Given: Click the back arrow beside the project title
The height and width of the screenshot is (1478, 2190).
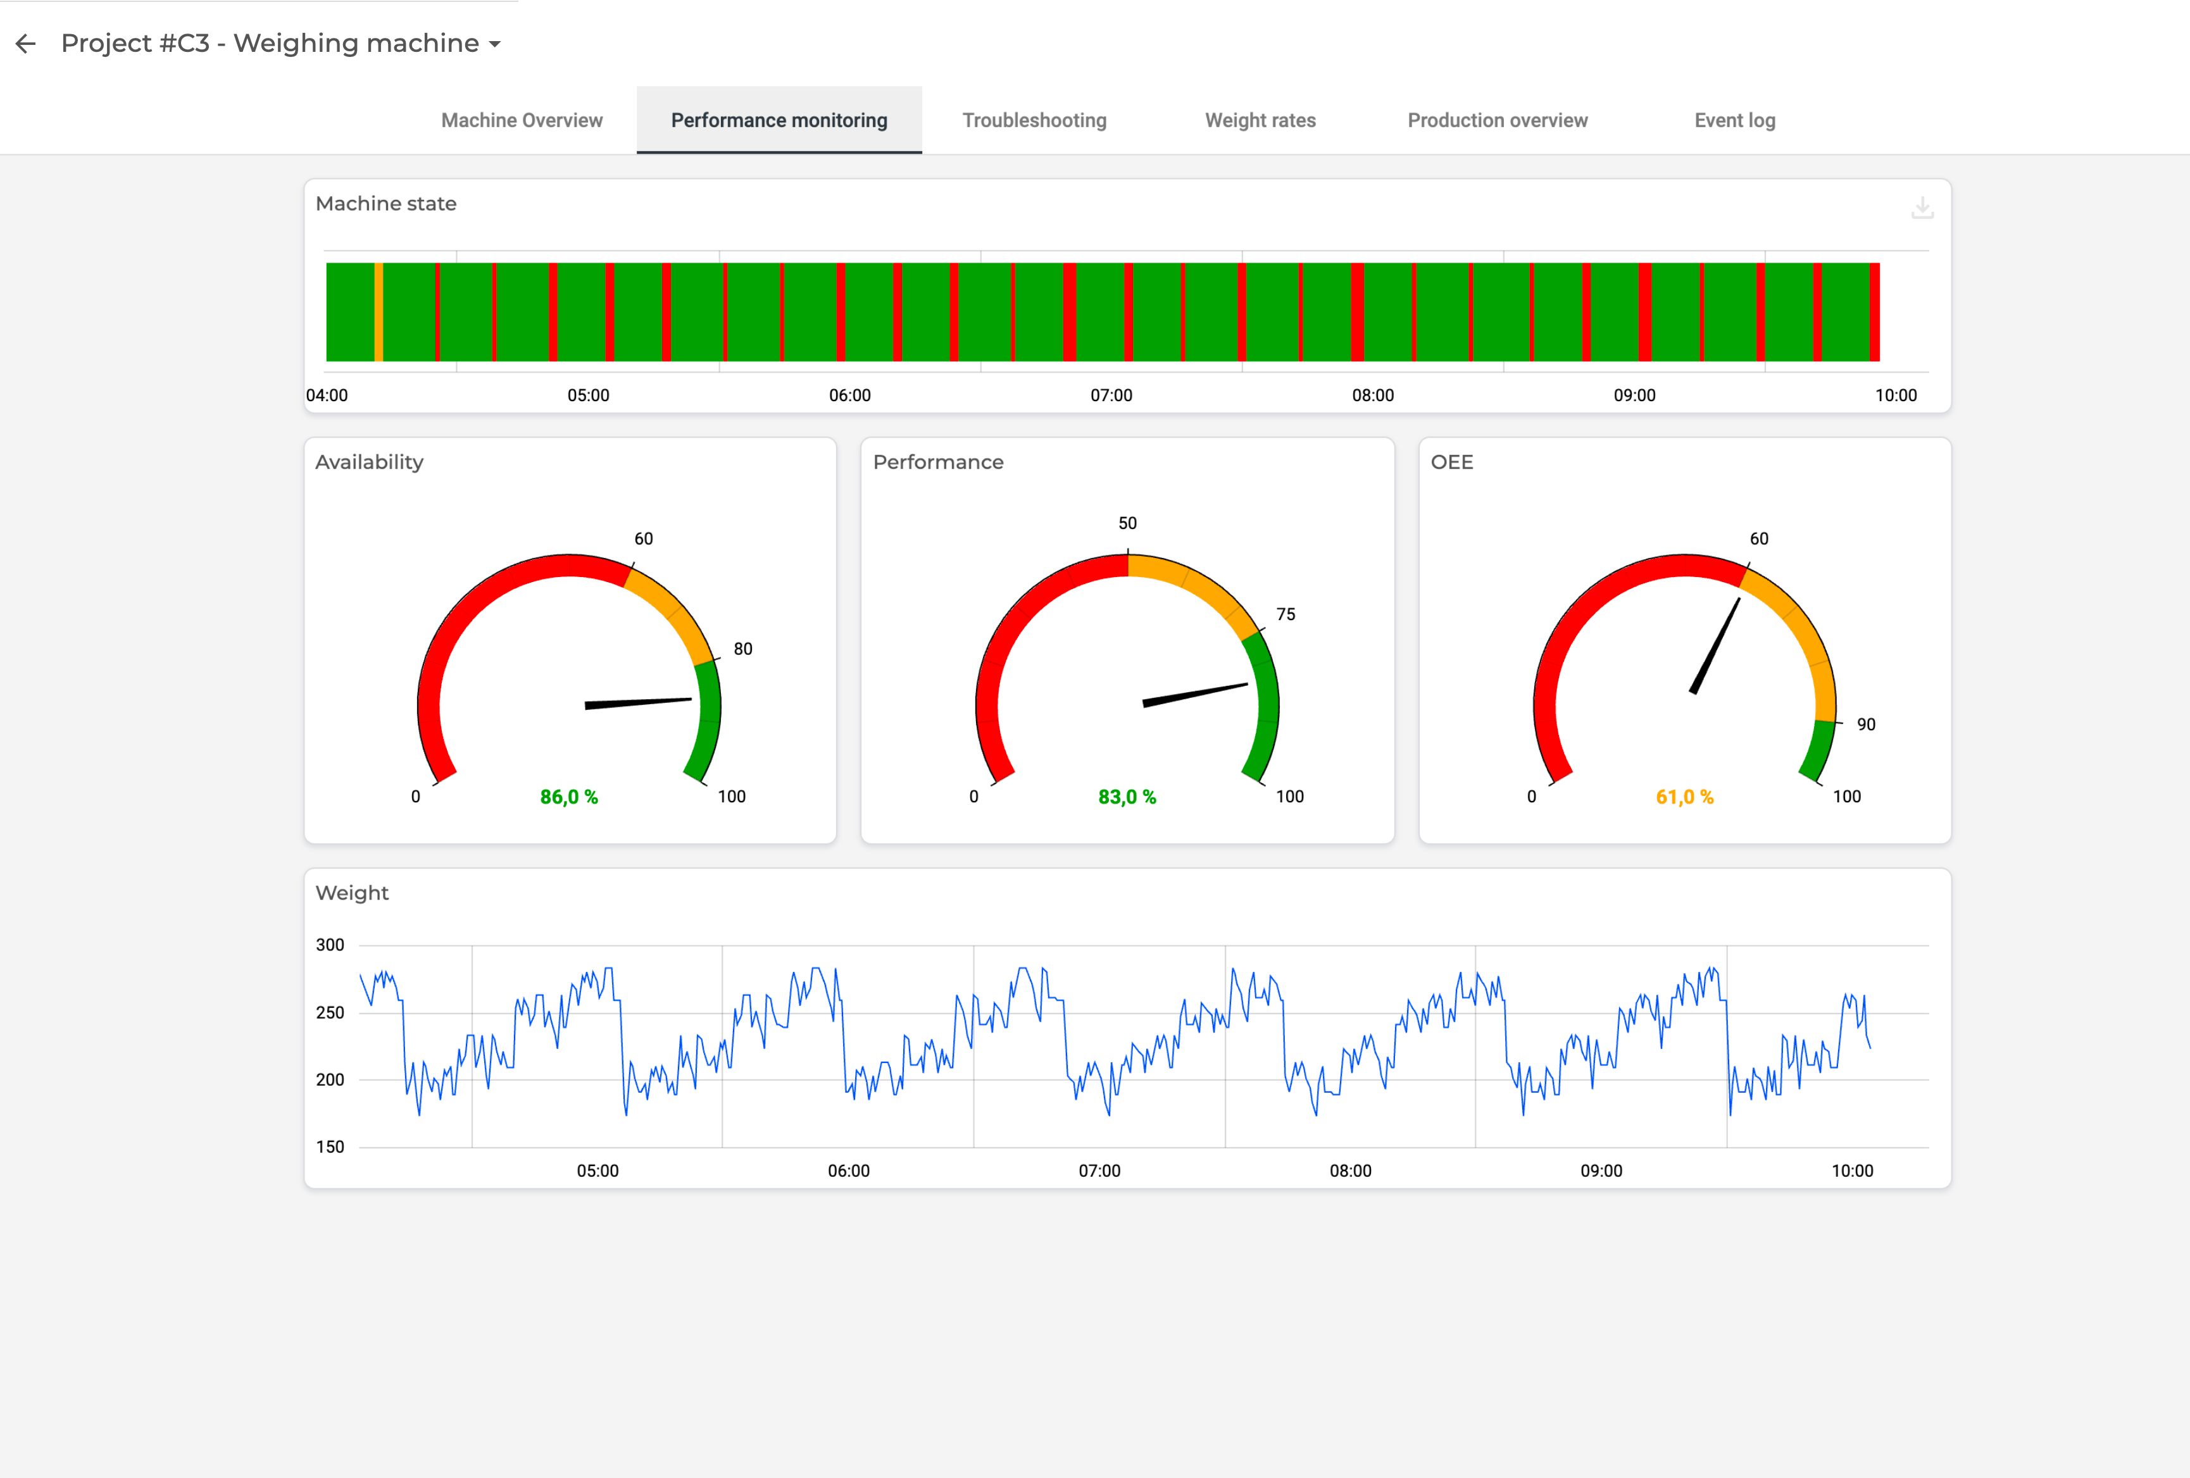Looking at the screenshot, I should pyautogui.click(x=25, y=43).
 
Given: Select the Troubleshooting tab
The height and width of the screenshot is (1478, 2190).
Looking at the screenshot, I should pyautogui.click(x=1034, y=121).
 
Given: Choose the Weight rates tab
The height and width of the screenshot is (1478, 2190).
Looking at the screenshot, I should pyautogui.click(x=1260, y=121).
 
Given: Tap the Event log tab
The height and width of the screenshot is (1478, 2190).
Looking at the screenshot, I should pyautogui.click(x=1734, y=121).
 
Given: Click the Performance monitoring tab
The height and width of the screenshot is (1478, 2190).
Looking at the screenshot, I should pyautogui.click(x=779, y=121).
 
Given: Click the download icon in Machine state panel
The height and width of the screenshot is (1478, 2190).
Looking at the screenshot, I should pyautogui.click(x=1922, y=208).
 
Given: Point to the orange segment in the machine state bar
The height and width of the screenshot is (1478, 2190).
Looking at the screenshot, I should pyautogui.click(x=379, y=312).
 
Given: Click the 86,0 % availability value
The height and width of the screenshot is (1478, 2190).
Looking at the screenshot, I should pyautogui.click(x=568, y=797).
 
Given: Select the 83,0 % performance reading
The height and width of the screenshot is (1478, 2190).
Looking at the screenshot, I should pyautogui.click(x=1126, y=797).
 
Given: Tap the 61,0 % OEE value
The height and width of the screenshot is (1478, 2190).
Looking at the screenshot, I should pyautogui.click(x=1684, y=797).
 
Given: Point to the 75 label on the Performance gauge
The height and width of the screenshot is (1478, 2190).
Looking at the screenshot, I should pyautogui.click(x=1286, y=614).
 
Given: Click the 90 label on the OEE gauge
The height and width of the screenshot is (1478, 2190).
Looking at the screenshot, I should pyautogui.click(x=1866, y=724).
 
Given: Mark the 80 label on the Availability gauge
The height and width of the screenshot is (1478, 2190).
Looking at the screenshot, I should pyautogui.click(x=742, y=649).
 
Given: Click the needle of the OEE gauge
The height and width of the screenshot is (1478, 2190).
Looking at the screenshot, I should pyautogui.click(x=1716, y=645).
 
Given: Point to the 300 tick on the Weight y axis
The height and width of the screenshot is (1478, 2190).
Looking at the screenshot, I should pyautogui.click(x=330, y=945).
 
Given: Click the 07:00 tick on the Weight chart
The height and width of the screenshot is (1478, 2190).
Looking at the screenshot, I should pyautogui.click(x=1099, y=1171).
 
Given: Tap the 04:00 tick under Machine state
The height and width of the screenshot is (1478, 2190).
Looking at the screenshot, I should pyautogui.click(x=327, y=395).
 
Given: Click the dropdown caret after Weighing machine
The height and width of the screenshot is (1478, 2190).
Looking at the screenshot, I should pyautogui.click(x=495, y=44).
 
